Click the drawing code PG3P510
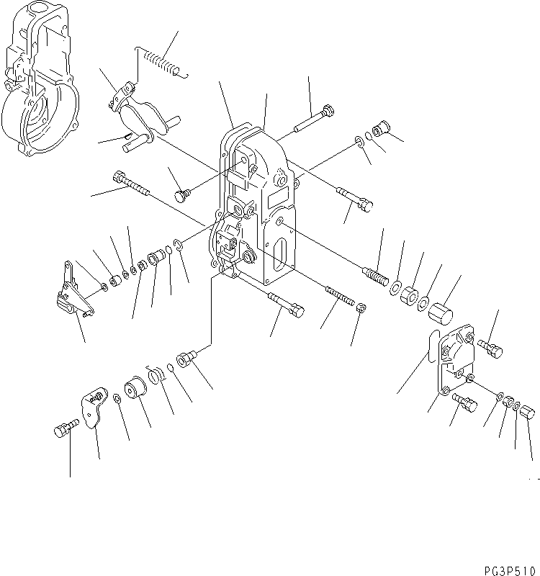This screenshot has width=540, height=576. click(x=504, y=565)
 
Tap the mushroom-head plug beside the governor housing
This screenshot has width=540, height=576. click(x=182, y=195)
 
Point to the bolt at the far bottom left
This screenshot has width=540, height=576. click(x=64, y=431)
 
